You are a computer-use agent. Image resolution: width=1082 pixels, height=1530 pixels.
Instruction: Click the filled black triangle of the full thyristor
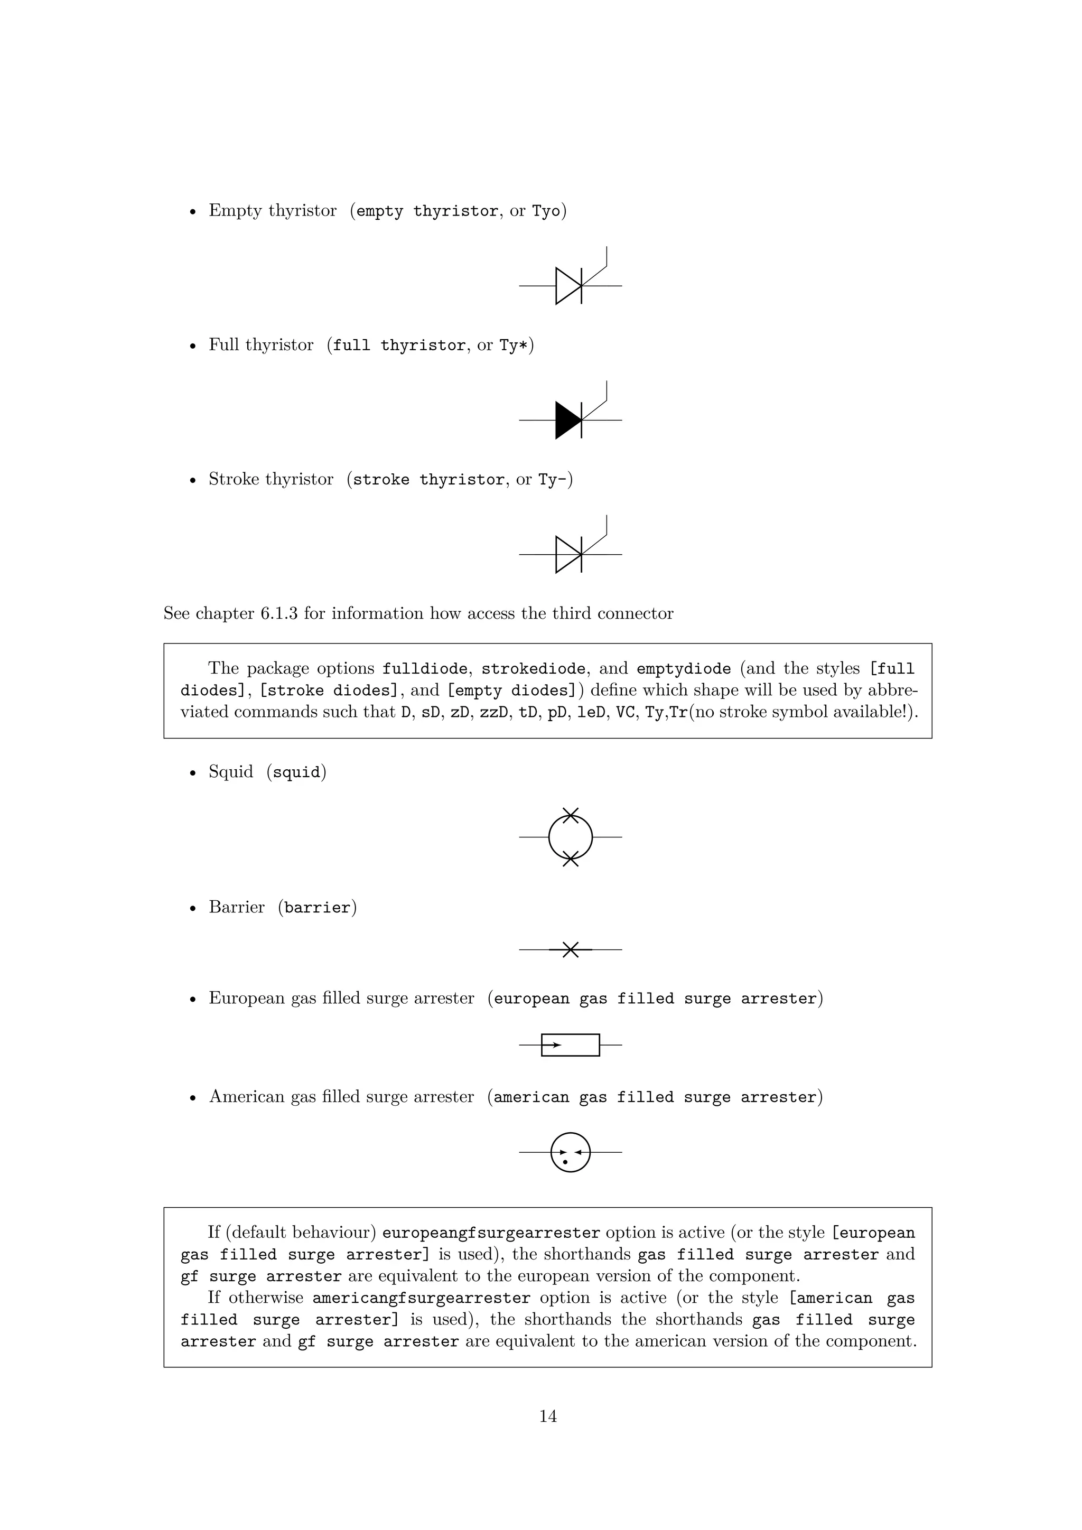pyautogui.click(x=567, y=421)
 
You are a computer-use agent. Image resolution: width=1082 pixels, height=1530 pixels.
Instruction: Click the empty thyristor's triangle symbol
pyautogui.click(x=567, y=286)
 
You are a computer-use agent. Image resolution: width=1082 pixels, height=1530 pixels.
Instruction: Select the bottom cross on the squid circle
pyautogui.click(x=570, y=859)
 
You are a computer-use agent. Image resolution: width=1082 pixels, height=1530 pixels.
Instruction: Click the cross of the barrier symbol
pyautogui.click(x=570, y=949)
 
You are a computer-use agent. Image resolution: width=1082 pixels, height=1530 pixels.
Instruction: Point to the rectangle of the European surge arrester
pyautogui.click(x=570, y=1045)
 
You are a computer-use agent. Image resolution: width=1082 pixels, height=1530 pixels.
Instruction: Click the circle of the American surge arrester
pyautogui.click(x=570, y=1152)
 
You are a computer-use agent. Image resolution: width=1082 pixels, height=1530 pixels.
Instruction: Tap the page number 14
pyautogui.click(x=548, y=1416)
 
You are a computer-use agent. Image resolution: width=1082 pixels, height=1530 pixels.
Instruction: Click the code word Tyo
pyautogui.click(x=546, y=211)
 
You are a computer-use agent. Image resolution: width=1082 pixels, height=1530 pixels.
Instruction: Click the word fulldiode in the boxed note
pyautogui.click(x=424, y=668)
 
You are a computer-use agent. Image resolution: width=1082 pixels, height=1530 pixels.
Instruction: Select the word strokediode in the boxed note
pyautogui.click(x=533, y=668)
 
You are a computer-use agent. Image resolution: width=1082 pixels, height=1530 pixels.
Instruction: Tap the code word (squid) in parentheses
pyautogui.click(x=296, y=772)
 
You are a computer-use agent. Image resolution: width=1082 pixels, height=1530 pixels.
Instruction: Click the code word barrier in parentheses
pyautogui.click(x=317, y=908)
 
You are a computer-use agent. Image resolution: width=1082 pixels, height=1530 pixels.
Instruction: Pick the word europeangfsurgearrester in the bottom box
pyautogui.click(x=491, y=1233)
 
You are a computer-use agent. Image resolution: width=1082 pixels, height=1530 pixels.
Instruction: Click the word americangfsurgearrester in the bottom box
pyautogui.click(x=421, y=1298)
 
